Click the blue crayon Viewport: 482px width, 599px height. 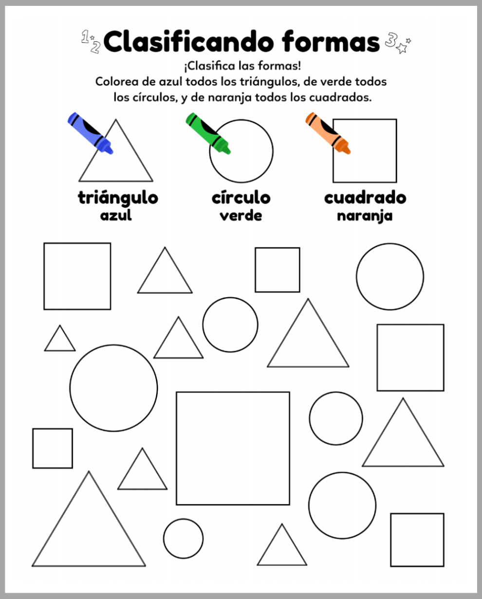point(90,133)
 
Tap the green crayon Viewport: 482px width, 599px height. point(208,133)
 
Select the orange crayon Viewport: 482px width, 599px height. point(328,133)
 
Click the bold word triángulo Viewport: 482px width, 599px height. point(118,198)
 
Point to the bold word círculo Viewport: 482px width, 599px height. point(241,197)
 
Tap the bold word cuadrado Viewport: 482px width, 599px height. point(365,197)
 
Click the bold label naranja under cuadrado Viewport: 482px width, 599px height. point(365,216)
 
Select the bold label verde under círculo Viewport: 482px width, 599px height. point(241,215)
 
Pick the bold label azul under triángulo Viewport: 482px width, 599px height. point(116,215)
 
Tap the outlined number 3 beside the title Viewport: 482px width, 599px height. point(391,40)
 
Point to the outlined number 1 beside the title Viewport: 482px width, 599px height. point(85,37)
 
